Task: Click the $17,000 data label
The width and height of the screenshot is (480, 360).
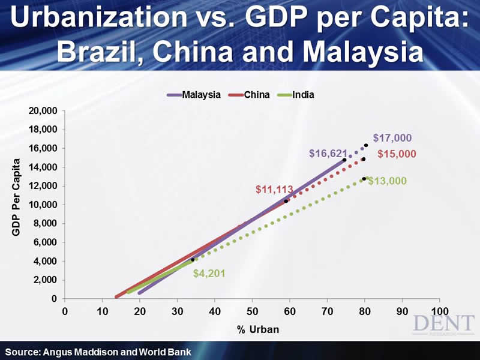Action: [x=392, y=138]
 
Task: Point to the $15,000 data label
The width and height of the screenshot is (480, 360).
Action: [x=397, y=154]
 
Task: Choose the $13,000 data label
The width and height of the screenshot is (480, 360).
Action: [x=387, y=181]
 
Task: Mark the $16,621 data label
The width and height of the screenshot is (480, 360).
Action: [x=328, y=154]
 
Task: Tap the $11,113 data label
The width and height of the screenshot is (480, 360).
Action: [x=274, y=190]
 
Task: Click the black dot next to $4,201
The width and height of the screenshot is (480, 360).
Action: [x=193, y=260]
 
